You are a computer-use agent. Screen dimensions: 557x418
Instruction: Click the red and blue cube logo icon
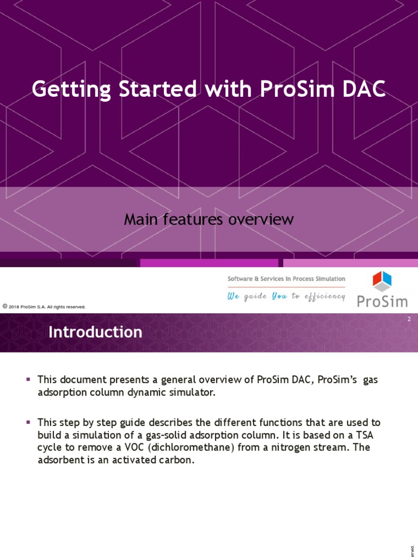[x=382, y=281]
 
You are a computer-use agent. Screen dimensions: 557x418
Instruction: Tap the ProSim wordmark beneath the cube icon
[x=382, y=301]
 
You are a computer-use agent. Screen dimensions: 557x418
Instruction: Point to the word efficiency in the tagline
[x=324, y=296]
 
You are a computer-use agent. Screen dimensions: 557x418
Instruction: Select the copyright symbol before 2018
[x=5, y=307]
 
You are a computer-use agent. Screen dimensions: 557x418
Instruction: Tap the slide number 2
[x=409, y=319]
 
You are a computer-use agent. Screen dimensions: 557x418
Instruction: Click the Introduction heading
[x=95, y=332]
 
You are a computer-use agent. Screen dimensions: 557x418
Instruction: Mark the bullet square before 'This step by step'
[x=29, y=422]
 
